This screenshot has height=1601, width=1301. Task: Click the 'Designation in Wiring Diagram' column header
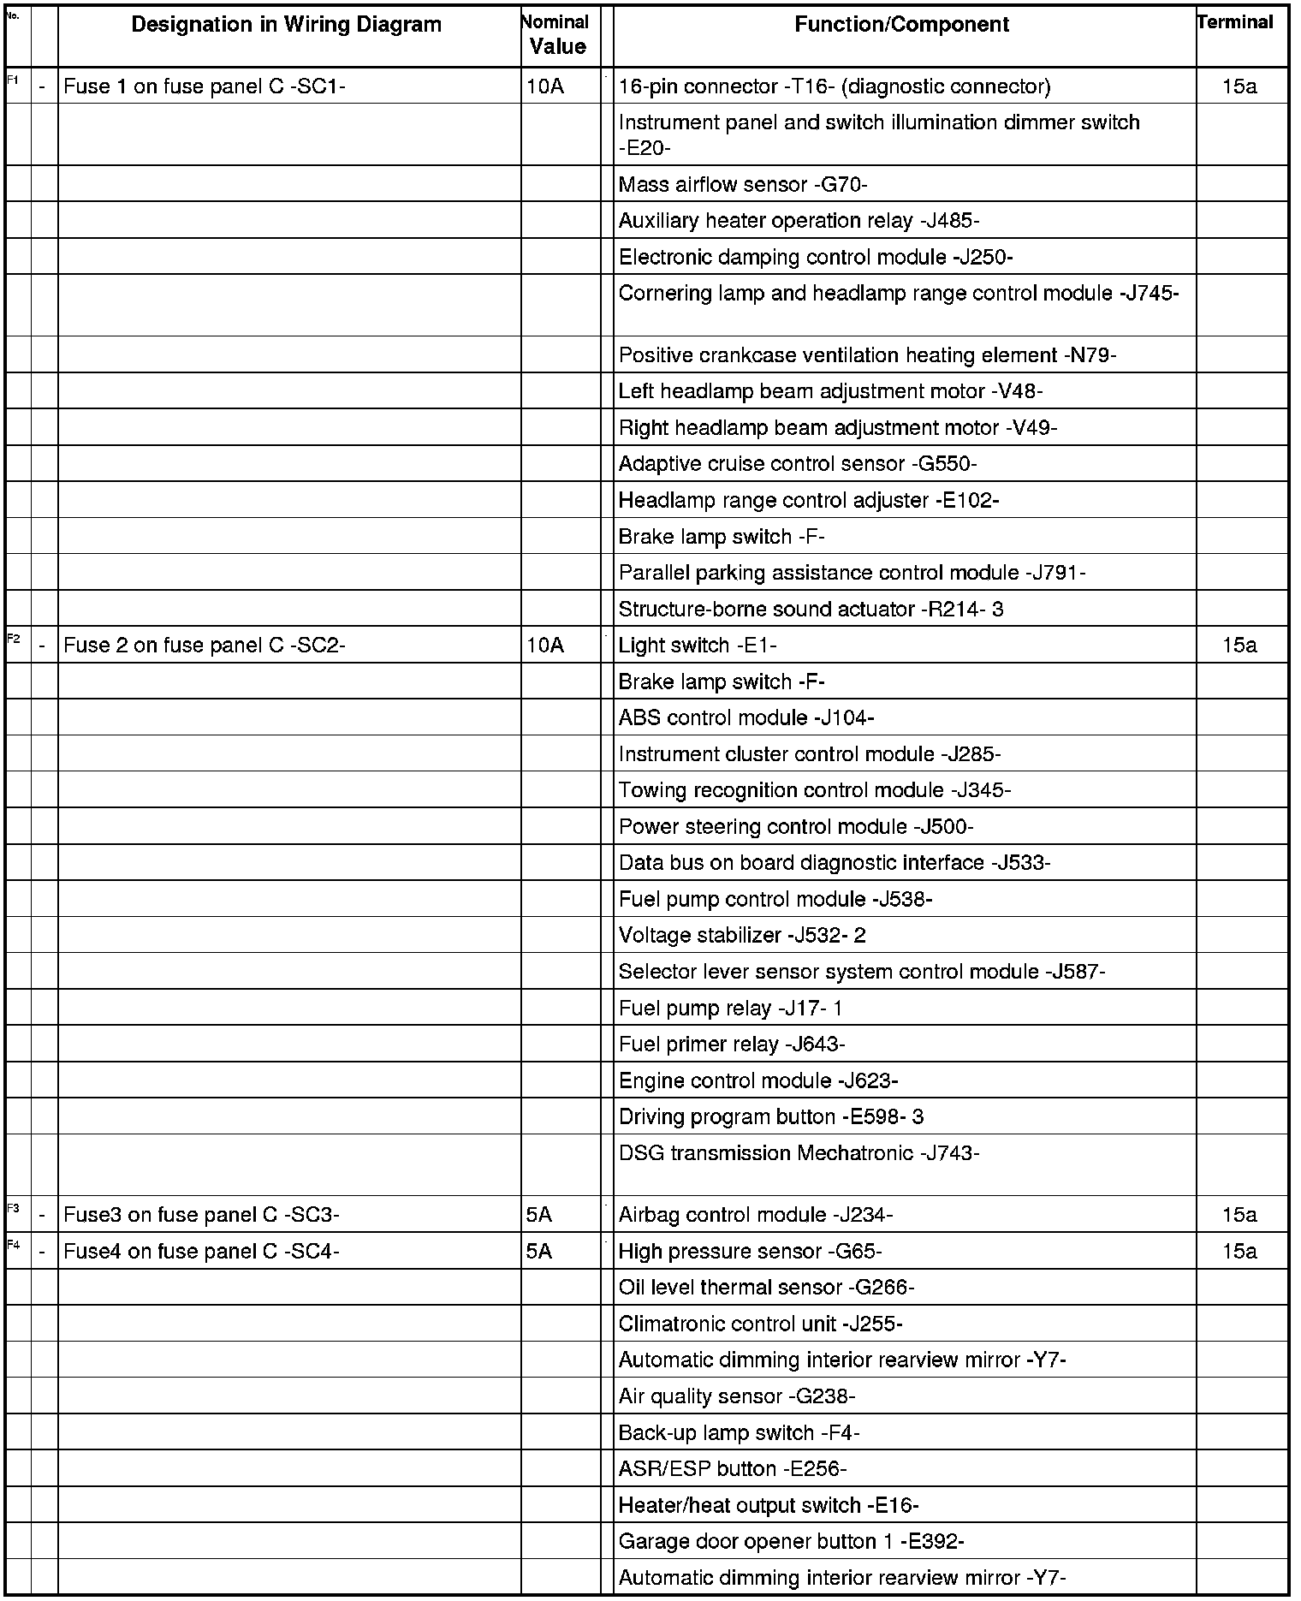coord(287,25)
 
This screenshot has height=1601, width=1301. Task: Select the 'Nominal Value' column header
coord(557,35)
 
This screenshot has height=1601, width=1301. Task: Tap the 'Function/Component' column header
coord(902,25)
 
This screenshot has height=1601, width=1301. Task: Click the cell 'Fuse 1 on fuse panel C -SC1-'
coord(205,86)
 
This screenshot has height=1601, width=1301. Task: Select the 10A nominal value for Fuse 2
coord(545,646)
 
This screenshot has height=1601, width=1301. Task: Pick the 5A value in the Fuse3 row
coord(539,1215)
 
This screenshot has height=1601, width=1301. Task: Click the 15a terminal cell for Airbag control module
coord(1239,1215)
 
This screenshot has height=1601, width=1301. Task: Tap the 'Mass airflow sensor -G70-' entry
coord(743,185)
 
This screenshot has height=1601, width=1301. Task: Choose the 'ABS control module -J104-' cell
coord(746,718)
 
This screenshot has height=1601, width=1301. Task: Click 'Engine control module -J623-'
coord(758,1080)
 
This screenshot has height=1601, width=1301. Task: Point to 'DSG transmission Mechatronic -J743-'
coord(799,1153)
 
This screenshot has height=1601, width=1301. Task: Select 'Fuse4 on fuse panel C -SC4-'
coord(202,1252)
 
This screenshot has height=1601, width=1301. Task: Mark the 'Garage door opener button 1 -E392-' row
coord(791,1542)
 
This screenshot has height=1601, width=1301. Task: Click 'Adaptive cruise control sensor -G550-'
coord(798,464)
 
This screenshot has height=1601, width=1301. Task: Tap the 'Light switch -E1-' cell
coord(698,646)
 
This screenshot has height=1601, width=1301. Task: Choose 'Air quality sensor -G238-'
coord(737,1397)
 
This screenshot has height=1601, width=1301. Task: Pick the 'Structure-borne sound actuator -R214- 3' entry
coord(811,610)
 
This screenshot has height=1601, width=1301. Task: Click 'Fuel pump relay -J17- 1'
coord(730,1009)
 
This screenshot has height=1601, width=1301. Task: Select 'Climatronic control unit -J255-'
coord(760,1324)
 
